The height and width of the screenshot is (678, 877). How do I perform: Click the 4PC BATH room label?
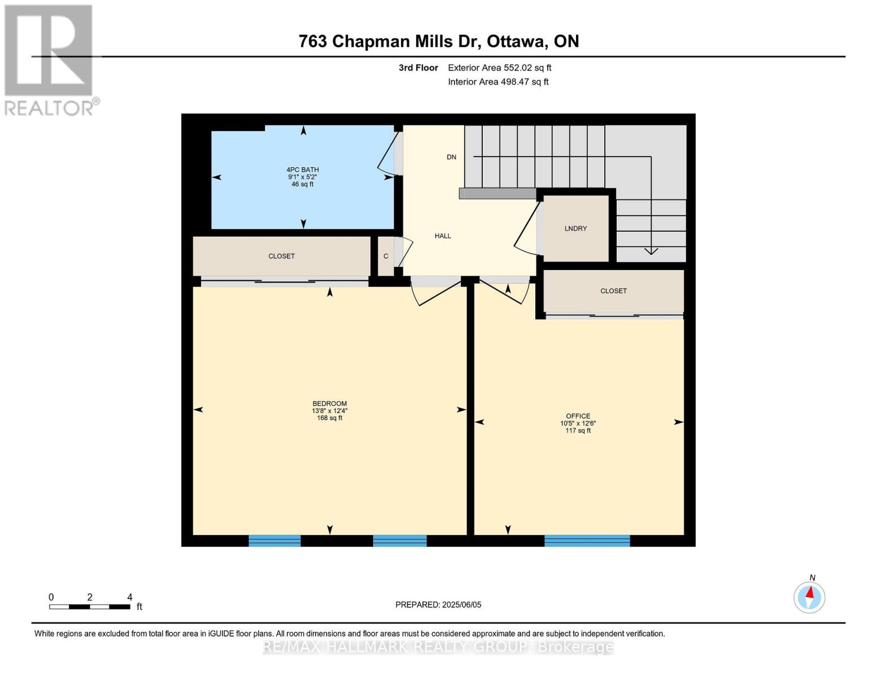click(303, 169)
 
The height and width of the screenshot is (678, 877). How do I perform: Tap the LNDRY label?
click(575, 229)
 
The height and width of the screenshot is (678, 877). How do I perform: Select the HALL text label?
click(443, 236)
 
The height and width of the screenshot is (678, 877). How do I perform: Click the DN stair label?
click(451, 157)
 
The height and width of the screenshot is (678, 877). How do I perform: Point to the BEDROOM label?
click(330, 404)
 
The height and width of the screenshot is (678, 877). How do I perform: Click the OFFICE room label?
click(578, 416)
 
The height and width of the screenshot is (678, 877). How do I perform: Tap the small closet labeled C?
click(386, 257)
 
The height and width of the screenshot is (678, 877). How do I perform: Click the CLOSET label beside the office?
click(613, 291)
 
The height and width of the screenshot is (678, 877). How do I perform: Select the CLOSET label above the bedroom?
click(281, 257)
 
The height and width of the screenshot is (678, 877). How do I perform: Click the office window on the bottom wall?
click(587, 541)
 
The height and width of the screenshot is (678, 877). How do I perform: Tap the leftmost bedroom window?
click(274, 541)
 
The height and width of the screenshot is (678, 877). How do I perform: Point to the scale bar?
click(90, 607)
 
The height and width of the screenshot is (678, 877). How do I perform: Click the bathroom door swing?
click(387, 154)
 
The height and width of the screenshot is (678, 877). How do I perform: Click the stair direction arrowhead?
click(651, 251)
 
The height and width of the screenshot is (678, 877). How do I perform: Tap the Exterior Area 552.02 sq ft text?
click(499, 68)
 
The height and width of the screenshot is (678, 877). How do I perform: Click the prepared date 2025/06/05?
click(461, 605)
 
